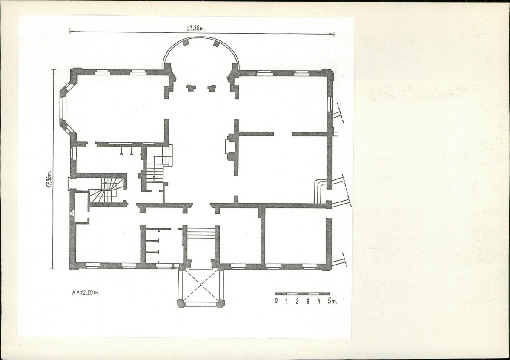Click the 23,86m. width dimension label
point(196,28)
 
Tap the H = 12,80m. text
point(86,292)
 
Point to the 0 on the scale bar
point(276,301)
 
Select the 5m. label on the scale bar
point(332,301)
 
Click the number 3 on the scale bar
point(308,301)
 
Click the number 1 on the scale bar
point(286,301)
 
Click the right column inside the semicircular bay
point(212,88)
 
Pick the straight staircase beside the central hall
point(158,164)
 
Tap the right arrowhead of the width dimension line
point(332,34)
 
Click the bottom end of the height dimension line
point(52,268)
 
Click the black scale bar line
point(303,294)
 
